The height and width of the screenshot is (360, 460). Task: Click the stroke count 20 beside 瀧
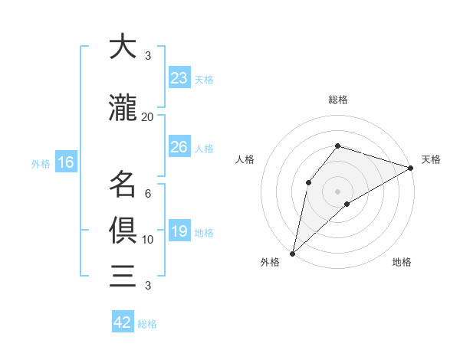pos(148,117)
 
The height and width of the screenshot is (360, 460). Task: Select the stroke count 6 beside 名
pos(148,194)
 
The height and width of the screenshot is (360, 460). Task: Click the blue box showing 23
pos(179,78)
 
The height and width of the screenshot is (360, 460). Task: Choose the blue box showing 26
pos(179,147)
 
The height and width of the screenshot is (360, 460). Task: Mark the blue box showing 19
pos(179,231)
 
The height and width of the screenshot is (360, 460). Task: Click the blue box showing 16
pos(65,162)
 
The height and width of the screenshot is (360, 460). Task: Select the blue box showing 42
pos(122,322)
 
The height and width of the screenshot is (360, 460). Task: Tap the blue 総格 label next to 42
pos(147,324)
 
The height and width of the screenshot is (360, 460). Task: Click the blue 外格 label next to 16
pos(41,163)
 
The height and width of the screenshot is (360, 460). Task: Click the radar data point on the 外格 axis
pos(292,253)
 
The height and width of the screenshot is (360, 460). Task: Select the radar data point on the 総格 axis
pos(337,146)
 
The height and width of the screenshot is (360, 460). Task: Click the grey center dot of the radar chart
pos(337,191)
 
